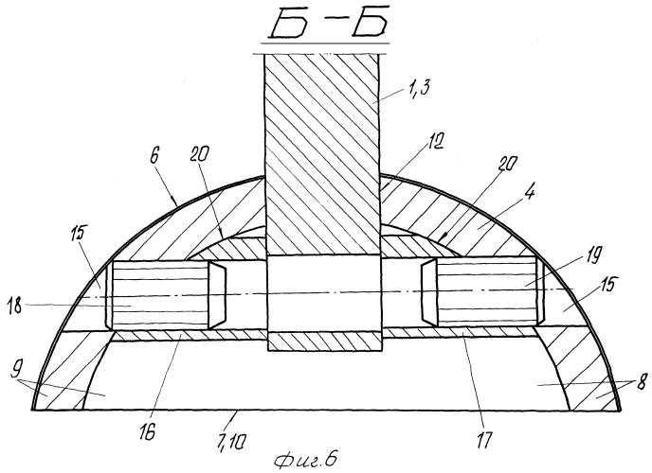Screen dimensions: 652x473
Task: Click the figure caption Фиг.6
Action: (x=305, y=460)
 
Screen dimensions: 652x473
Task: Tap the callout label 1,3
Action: (x=414, y=88)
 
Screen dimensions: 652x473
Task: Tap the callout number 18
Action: (x=15, y=307)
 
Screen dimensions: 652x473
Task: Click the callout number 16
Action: (x=148, y=431)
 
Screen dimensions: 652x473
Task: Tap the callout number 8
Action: (x=642, y=382)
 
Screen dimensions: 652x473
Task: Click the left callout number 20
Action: (x=201, y=155)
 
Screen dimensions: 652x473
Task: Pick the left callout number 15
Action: (x=78, y=234)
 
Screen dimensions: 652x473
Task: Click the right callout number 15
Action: (x=607, y=285)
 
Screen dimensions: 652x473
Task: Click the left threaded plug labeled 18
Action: (x=160, y=295)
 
